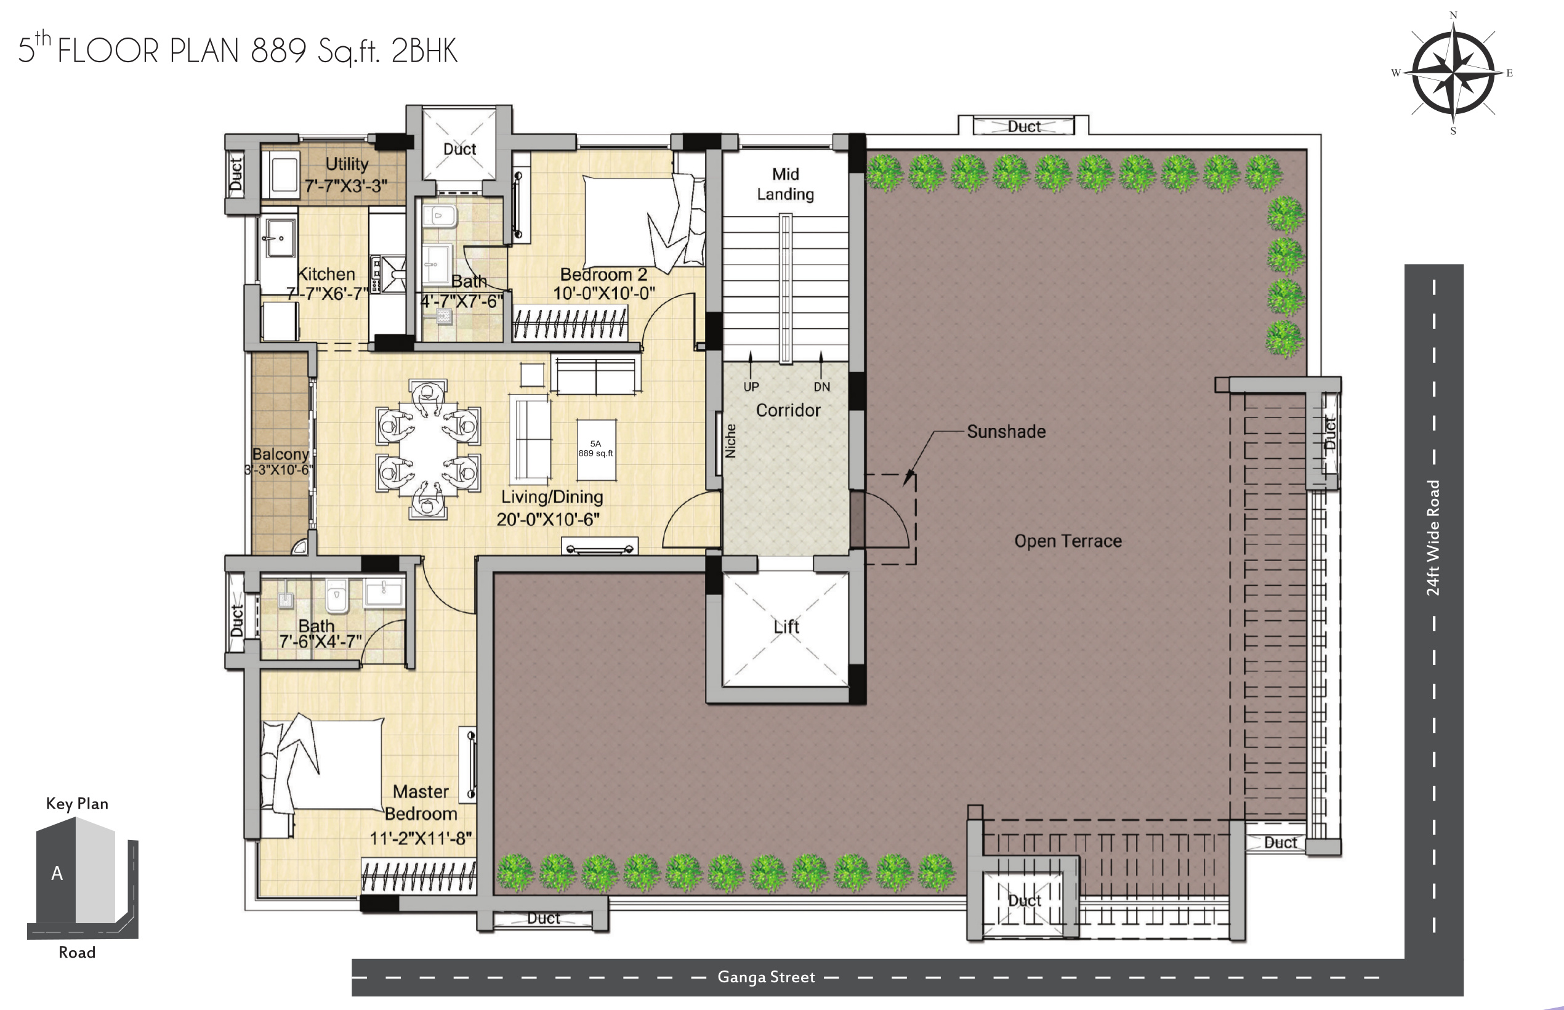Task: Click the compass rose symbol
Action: click(1453, 72)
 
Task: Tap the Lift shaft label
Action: click(786, 627)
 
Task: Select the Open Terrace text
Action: click(1068, 541)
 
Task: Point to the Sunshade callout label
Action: click(1006, 432)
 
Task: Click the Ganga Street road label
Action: click(766, 977)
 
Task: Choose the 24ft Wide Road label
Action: click(1433, 538)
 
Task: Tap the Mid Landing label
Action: click(786, 184)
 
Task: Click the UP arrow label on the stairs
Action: click(751, 387)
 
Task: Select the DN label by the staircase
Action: click(821, 387)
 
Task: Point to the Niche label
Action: click(730, 441)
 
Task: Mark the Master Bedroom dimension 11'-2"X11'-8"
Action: click(421, 838)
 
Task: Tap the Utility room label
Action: click(347, 164)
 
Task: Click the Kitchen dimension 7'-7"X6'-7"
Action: click(326, 294)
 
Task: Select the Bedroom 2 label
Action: click(603, 274)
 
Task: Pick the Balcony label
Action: click(280, 454)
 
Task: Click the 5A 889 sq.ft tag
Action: click(595, 448)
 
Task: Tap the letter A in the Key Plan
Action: click(57, 873)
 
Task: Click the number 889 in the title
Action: click(279, 50)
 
